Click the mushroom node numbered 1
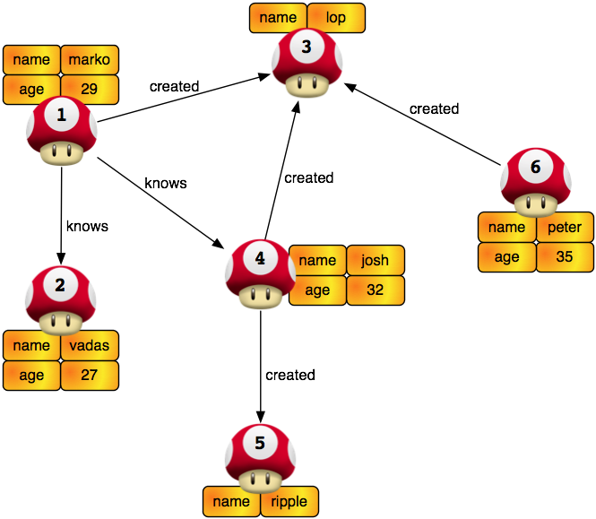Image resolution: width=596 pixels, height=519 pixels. (x=61, y=131)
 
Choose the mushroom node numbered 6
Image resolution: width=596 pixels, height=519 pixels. (x=535, y=183)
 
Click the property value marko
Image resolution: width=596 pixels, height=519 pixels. (x=90, y=60)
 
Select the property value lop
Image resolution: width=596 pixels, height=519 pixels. (x=337, y=17)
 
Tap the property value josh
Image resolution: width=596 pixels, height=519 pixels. (x=376, y=261)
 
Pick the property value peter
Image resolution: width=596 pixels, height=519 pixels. (x=565, y=228)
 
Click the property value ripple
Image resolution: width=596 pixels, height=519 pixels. (x=289, y=501)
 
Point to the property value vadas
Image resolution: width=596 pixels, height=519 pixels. (x=90, y=346)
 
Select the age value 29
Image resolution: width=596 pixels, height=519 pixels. (x=90, y=90)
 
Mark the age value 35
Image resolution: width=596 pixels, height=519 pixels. (x=565, y=257)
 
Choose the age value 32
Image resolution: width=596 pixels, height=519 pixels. (x=376, y=290)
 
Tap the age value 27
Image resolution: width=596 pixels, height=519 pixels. (x=90, y=376)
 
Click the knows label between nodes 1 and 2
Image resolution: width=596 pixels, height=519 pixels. (x=87, y=226)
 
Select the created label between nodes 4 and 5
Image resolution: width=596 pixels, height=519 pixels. (x=290, y=375)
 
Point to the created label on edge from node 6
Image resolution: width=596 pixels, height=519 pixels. (x=434, y=108)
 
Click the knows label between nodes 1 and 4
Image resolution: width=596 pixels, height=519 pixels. (x=166, y=183)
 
